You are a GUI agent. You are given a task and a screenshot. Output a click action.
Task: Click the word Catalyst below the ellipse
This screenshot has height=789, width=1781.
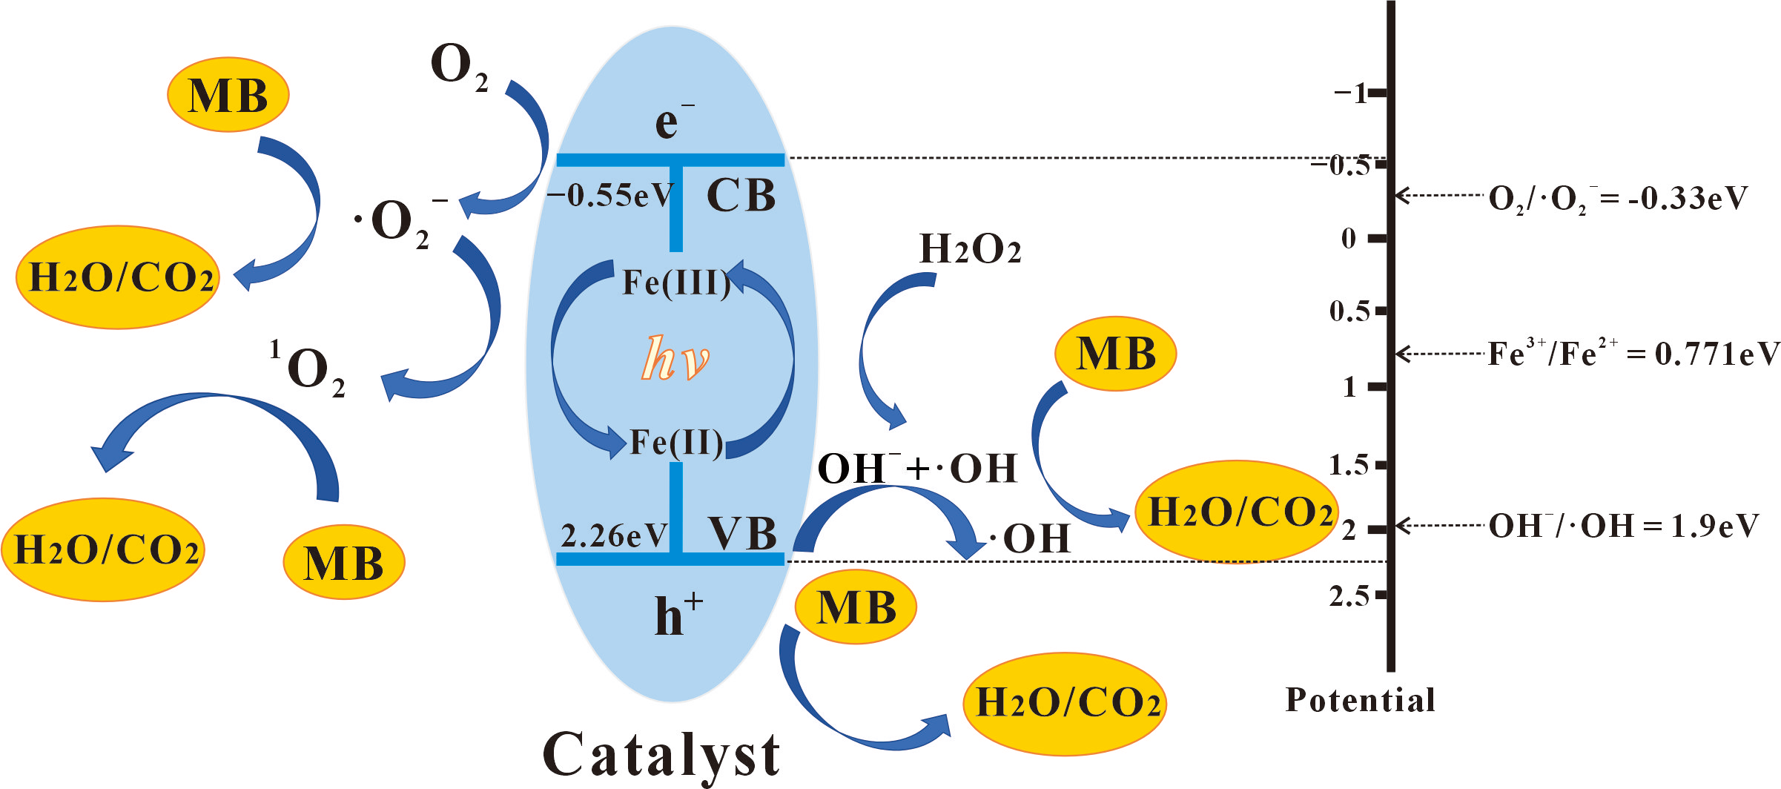coord(661,755)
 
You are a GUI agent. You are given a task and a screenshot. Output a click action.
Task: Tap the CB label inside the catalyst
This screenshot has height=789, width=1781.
coord(741,196)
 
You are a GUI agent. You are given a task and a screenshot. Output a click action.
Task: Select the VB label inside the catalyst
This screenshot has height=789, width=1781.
coord(742,534)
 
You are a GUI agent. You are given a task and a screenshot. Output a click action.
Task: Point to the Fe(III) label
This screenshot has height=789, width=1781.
coord(675,283)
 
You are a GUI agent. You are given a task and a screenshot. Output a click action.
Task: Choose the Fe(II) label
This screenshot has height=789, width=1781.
coord(675,443)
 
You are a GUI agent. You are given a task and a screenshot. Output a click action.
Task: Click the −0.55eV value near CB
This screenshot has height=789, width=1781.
coord(609,196)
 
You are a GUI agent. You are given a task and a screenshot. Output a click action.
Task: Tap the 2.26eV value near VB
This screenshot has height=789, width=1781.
coord(614,535)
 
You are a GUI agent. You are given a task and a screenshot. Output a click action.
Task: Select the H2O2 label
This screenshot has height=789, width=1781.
coord(970,249)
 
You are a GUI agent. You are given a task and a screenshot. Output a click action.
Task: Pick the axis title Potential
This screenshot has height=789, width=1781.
coord(1360,700)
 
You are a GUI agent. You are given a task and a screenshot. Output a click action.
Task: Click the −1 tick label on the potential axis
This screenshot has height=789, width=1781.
coord(1350,93)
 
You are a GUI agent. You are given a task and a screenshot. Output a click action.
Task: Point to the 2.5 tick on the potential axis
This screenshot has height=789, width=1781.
coord(1349,595)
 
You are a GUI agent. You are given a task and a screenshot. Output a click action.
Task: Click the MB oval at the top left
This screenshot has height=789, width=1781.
coord(228,96)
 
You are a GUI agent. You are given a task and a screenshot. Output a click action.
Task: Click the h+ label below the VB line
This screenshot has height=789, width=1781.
coord(677,615)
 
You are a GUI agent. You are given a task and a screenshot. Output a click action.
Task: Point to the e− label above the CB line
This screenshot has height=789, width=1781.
coord(671,122)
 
